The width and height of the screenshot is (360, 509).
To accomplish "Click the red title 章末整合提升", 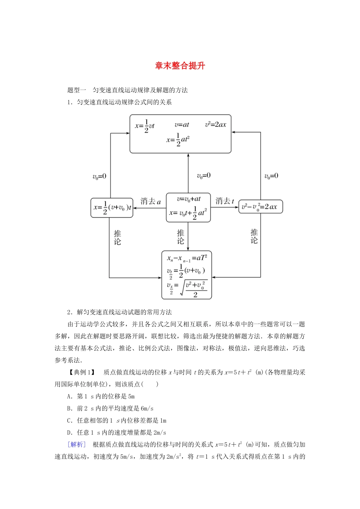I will (x=180, y=66).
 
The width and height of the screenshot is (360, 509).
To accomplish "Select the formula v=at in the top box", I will (x=182, y=125).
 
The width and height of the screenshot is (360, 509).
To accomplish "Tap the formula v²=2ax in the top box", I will (x=216, y=125).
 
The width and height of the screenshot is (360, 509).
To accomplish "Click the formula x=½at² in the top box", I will (x=178, y=140).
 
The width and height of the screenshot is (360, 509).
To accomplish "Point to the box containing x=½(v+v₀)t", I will (x=112, y=208).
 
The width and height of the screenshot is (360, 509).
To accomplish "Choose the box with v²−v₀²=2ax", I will (x=260, y=207).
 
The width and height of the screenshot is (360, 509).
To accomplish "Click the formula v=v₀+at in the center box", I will (x=189, y=199).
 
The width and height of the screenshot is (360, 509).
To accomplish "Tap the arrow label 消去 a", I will (x=150, y=201).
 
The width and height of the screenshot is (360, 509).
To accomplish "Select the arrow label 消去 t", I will (x=225, y=201).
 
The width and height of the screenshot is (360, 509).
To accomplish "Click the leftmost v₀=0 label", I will (x=99, y=176).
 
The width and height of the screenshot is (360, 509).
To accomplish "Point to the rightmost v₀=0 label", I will (x=271, y=176).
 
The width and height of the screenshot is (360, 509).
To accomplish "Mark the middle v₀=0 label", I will (x=203, y=176).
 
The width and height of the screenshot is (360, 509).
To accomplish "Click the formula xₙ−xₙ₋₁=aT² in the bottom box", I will (x=187, y=258).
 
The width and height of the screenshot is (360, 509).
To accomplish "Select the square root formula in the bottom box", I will (x=188, y=289).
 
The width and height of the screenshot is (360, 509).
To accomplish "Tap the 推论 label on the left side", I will (x=117, y=237).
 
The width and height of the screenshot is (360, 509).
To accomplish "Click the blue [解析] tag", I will (x=76, y=445).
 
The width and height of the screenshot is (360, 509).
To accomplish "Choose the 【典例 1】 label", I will (x=81, y=372).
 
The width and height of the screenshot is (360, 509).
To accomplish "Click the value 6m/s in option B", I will (x=147, y=409).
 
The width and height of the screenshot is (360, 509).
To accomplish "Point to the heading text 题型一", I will (x=77, y=90).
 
